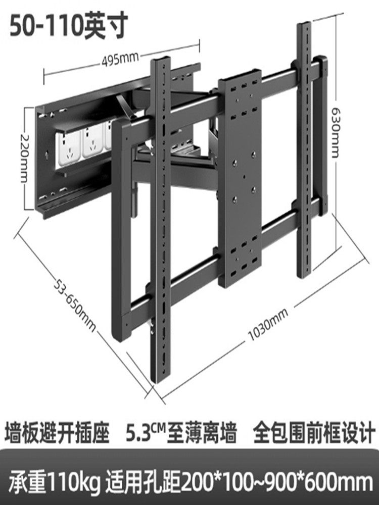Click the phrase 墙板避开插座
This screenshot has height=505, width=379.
click(x=57, y=433)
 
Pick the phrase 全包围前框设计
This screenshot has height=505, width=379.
click(x=311, y=433)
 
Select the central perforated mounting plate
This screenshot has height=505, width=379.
click(x=240, y=177)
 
